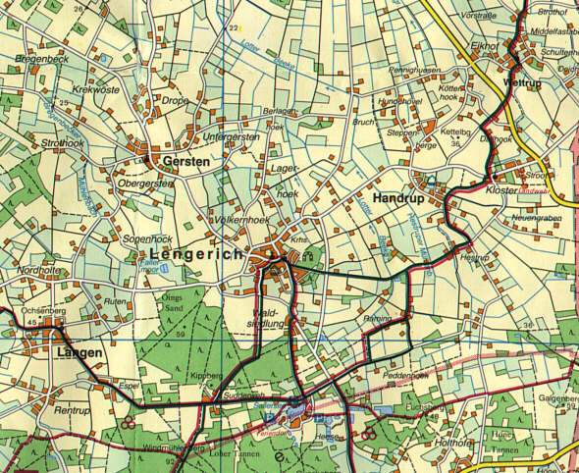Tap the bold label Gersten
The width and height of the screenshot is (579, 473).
point(186,162)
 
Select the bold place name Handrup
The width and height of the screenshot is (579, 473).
point(396,198)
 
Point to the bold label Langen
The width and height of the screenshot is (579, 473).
point(80,351)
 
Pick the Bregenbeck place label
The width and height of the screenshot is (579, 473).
point(38,59)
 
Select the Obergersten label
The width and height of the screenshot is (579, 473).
point(145,183)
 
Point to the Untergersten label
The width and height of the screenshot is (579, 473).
point(231,137)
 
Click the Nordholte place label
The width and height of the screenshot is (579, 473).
point(37,270)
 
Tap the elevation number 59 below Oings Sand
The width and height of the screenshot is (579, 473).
point(181,335)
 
